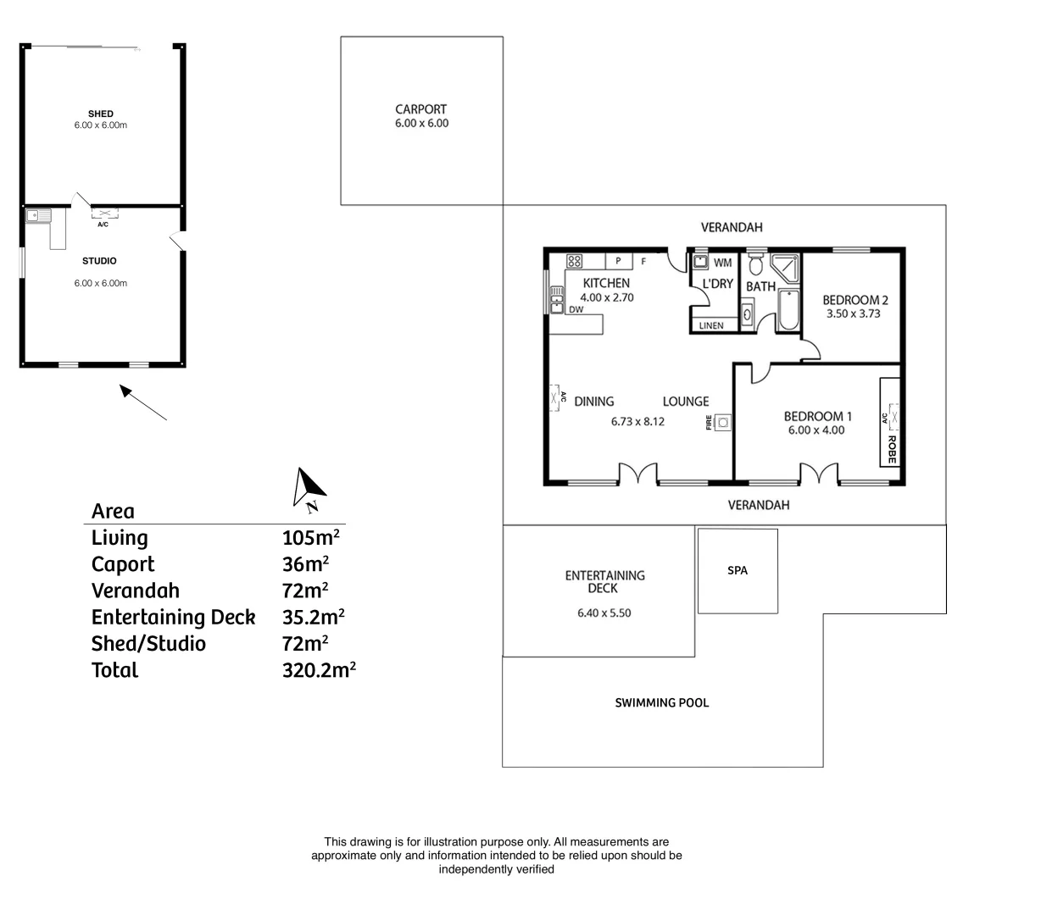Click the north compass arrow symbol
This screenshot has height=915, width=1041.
(x=309, y=488)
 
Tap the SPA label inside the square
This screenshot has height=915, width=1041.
(x=738, y=571)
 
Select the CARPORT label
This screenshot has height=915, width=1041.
(x=420, y=109)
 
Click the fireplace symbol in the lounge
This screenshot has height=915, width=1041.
(x=722, y=422)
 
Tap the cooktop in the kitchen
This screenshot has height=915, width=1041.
(x=574, y=261)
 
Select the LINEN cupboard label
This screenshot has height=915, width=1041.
(x=711, y=325)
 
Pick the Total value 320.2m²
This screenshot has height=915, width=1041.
(x=319, y=670)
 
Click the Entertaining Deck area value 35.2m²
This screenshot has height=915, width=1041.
(x=313, y=618)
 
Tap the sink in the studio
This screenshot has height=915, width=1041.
(x=38, y=215)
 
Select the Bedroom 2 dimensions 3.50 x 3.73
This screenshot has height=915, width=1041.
(x=855, y=313)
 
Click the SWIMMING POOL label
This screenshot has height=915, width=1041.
(x=661, y=702)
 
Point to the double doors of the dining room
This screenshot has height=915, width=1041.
(x=637, y=474)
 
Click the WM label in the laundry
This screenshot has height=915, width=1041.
(x=722, y=263)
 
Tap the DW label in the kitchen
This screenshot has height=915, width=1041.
(x=576, y=309)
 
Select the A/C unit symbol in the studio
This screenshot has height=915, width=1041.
(x=103, y=213)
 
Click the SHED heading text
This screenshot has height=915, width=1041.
(x=100, y=114)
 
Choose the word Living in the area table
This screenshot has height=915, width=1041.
(x=120, y=538)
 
